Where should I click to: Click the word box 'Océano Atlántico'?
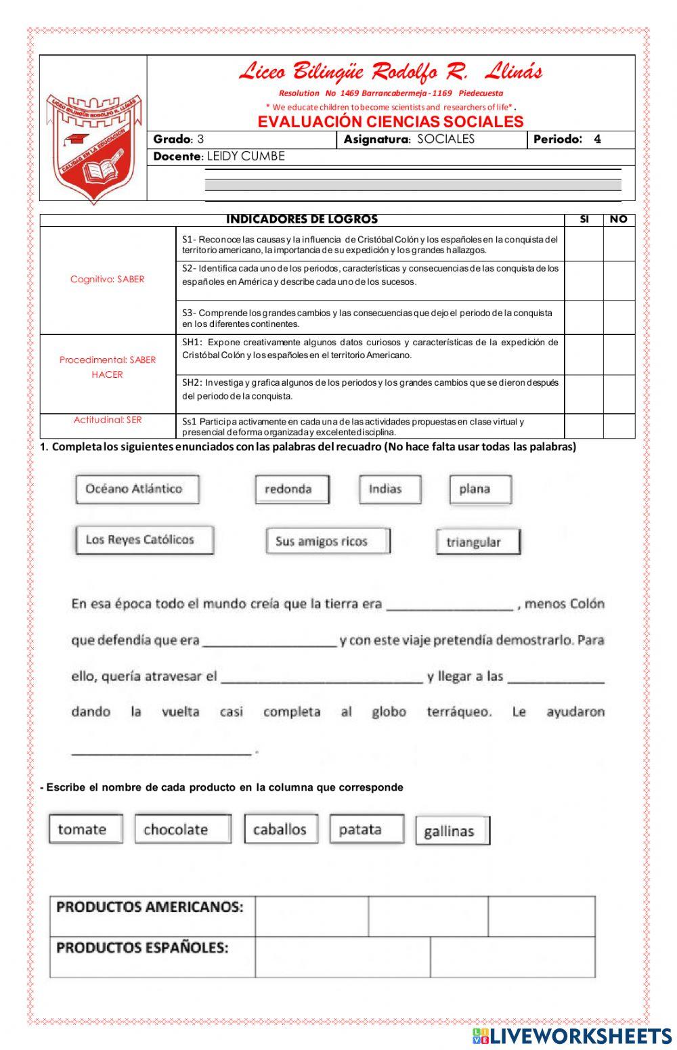click(137, 489)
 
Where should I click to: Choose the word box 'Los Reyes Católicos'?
click(144, 540)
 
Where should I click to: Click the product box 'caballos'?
click(281, 829)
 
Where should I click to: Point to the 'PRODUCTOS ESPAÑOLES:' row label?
click(143, 948)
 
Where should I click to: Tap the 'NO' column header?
click(619, 219)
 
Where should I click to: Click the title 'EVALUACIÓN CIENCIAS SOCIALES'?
click(391, 122)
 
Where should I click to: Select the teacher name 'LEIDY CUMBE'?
click(246, 156)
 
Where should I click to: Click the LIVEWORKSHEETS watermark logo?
click(572, 1036)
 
